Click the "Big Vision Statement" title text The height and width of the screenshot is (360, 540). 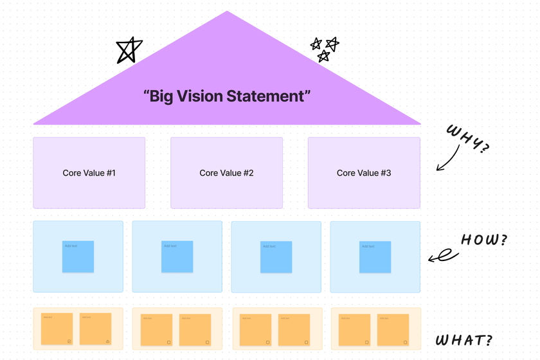(x=227, y=96)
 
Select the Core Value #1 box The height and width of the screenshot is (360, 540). (x=89, y=173)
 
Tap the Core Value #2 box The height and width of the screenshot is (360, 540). (x=226, y=173)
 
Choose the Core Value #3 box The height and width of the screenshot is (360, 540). (x=364, y=173)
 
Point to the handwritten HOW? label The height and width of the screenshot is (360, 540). (x=484, y=241)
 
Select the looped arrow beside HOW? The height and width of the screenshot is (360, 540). (x=442, y=257)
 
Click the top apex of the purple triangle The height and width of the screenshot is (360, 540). (x=226, y=12)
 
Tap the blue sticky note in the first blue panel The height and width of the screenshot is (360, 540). (x=78, y=256)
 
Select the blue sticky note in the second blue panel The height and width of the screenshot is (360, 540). (x=177, y=256)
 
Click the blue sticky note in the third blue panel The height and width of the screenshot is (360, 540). (x=276, y=257)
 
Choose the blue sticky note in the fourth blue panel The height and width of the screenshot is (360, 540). (x=375, y=257)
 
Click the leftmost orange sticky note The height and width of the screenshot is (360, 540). (x=57, y=328)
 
